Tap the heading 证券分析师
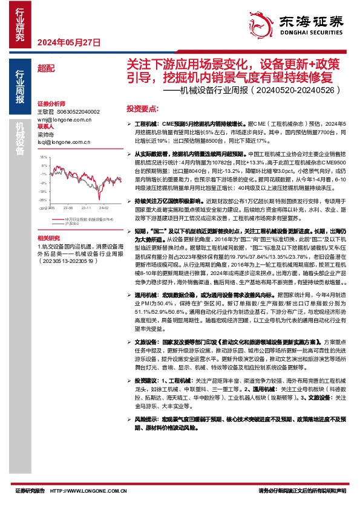[x=50, y=104]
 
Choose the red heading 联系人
[x=45, y=128]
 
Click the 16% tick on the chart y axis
[x=42, y=157]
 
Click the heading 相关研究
[x=48, y=238]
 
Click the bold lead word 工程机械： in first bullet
[x=145, y=123]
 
